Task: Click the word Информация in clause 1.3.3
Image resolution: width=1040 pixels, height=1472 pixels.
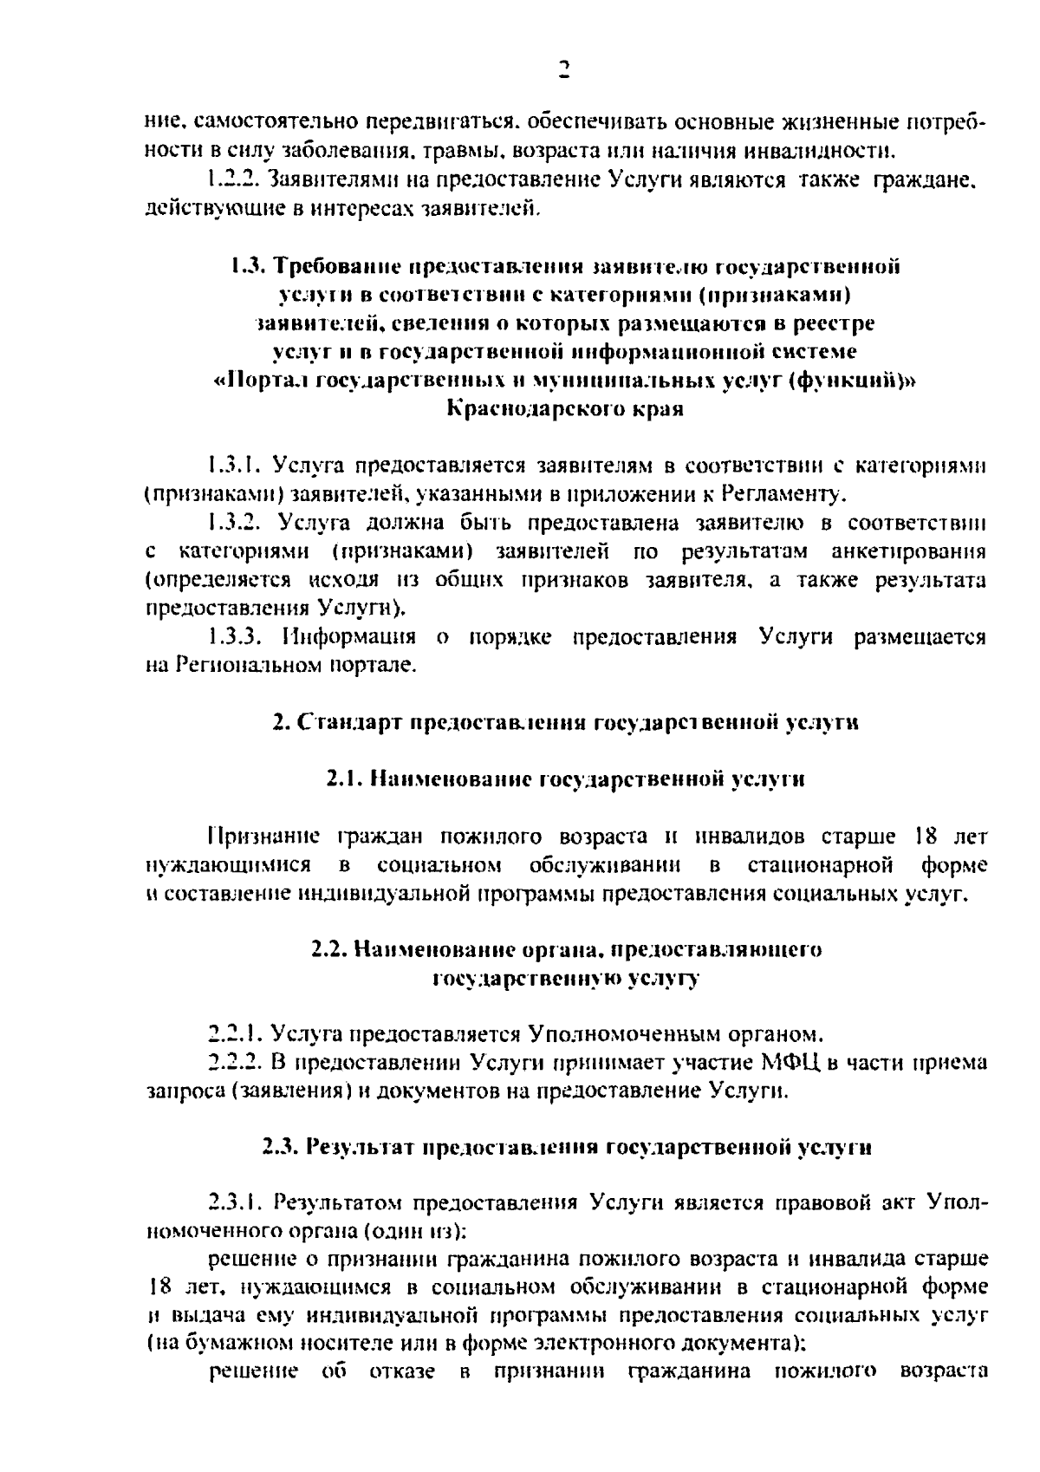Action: pos(348,637)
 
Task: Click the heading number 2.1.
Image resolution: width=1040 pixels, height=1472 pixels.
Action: pos(343,779)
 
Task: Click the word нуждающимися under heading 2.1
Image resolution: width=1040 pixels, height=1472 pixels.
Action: pos(228,865)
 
